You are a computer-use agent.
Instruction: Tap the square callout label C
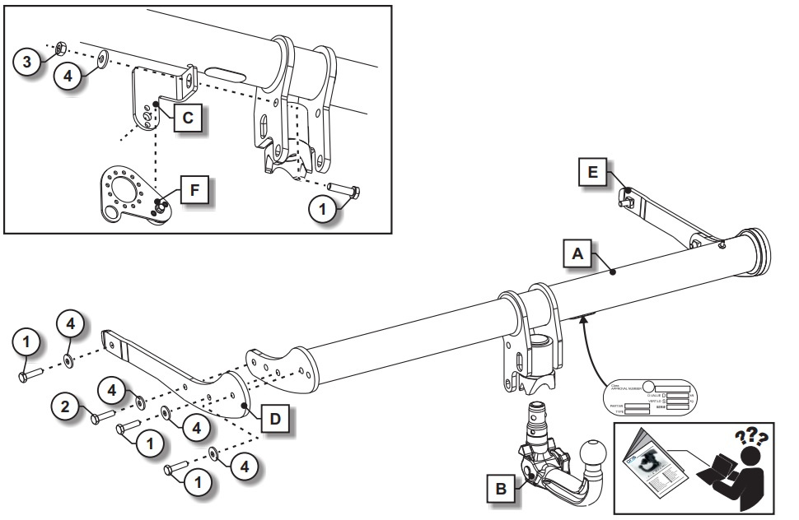pos(187,118)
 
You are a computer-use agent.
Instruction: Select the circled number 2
pos(64,404)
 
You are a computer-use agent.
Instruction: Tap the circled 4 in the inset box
pos(69,76)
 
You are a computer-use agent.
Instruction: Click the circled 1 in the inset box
pos(325,211)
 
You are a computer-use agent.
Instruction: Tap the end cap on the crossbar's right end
pos(757,250)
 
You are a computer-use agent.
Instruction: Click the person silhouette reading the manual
pos(742,472)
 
